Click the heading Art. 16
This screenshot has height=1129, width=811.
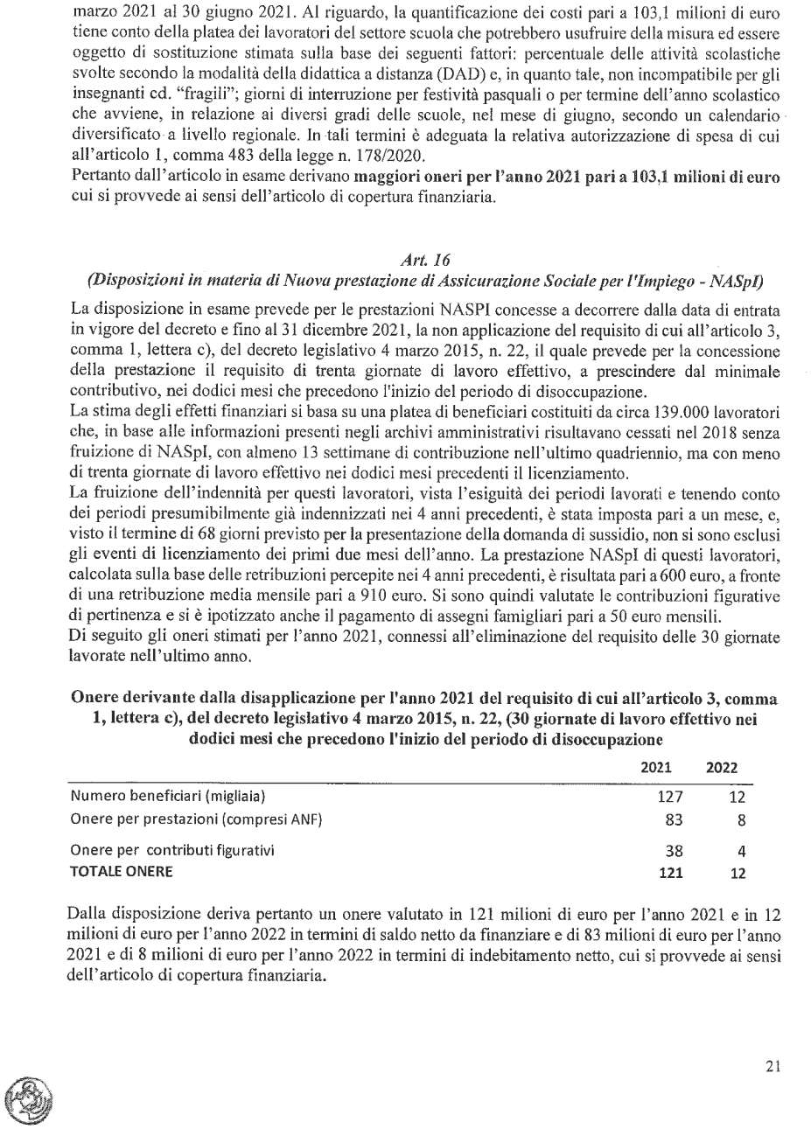(424, 260)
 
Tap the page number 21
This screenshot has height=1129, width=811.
(772, 1066)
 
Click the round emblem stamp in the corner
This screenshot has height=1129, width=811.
(28, 1099)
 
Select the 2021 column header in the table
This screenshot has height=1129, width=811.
(656, 768)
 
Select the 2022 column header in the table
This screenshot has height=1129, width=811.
(722, 768)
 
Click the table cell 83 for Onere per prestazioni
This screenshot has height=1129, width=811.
(674, 819)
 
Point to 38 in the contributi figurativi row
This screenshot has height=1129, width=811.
(674, 850)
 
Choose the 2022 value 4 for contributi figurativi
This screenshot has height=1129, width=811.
(741, 850)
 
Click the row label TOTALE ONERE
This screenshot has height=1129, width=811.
(122, 871)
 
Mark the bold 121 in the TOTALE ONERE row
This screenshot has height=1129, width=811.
(670, 872)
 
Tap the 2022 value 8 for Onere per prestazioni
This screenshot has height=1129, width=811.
(741, 819)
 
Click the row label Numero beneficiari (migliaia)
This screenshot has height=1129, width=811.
(167, 796)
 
